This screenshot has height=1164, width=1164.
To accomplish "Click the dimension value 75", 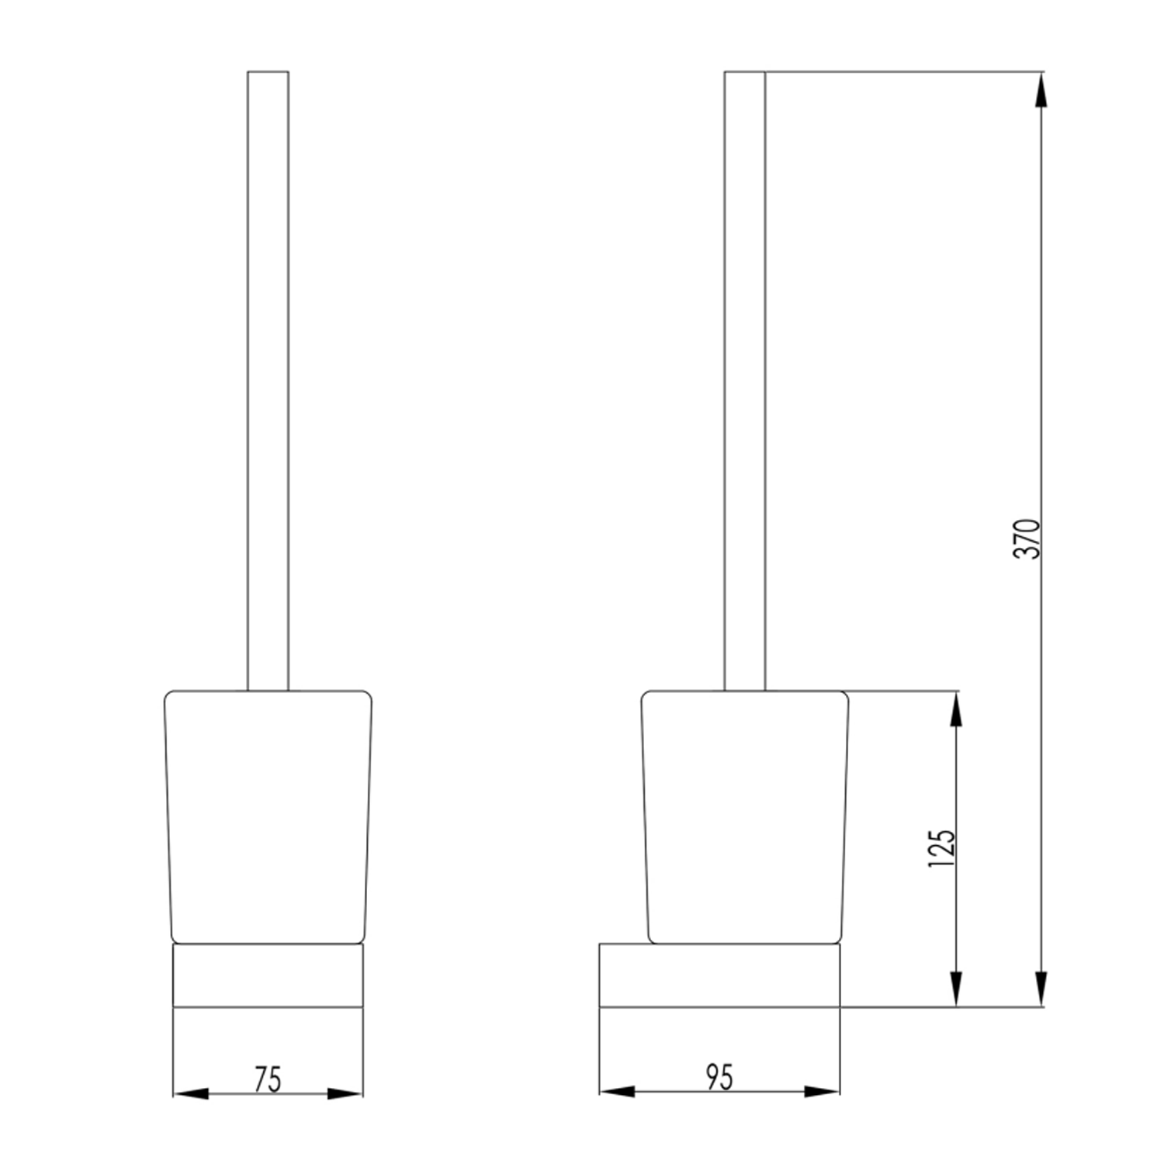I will (x=268, y=1079).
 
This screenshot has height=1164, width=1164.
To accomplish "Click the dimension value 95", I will (x=719, y=1077).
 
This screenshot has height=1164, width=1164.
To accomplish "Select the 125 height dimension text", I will (x=942, y=848).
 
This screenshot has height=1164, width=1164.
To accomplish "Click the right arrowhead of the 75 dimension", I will (x=345, y=1094).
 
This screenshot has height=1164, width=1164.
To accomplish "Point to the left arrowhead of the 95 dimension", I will (x=617, y=1092).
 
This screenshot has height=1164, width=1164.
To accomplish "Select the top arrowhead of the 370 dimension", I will (x=1041, y=89).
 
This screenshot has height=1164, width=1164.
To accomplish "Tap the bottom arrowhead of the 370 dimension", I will (x=1041, y=990).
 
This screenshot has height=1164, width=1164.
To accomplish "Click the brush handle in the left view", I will (x=268, y=380).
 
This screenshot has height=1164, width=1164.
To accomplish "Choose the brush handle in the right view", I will (x=745, y=380).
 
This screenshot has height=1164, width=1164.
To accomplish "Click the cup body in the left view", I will (x=268, y=815).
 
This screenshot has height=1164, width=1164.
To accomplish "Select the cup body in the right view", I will (x=745, y=815).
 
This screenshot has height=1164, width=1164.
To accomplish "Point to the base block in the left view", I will (x=268, y=975).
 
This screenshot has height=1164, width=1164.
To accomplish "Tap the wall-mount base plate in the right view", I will (x=719, y=975).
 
